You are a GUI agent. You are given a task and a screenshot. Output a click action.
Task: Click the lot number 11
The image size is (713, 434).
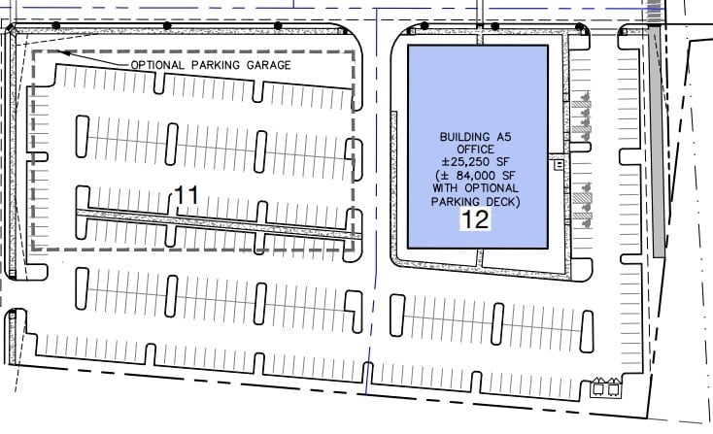click(x=186, y=196)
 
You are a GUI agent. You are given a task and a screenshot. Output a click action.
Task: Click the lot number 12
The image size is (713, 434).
click(x=475, y=218)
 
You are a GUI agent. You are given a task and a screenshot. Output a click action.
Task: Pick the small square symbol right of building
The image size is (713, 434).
click(x=560, y=166)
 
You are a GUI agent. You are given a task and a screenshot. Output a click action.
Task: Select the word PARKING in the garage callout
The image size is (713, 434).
click(x=214, y=65)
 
